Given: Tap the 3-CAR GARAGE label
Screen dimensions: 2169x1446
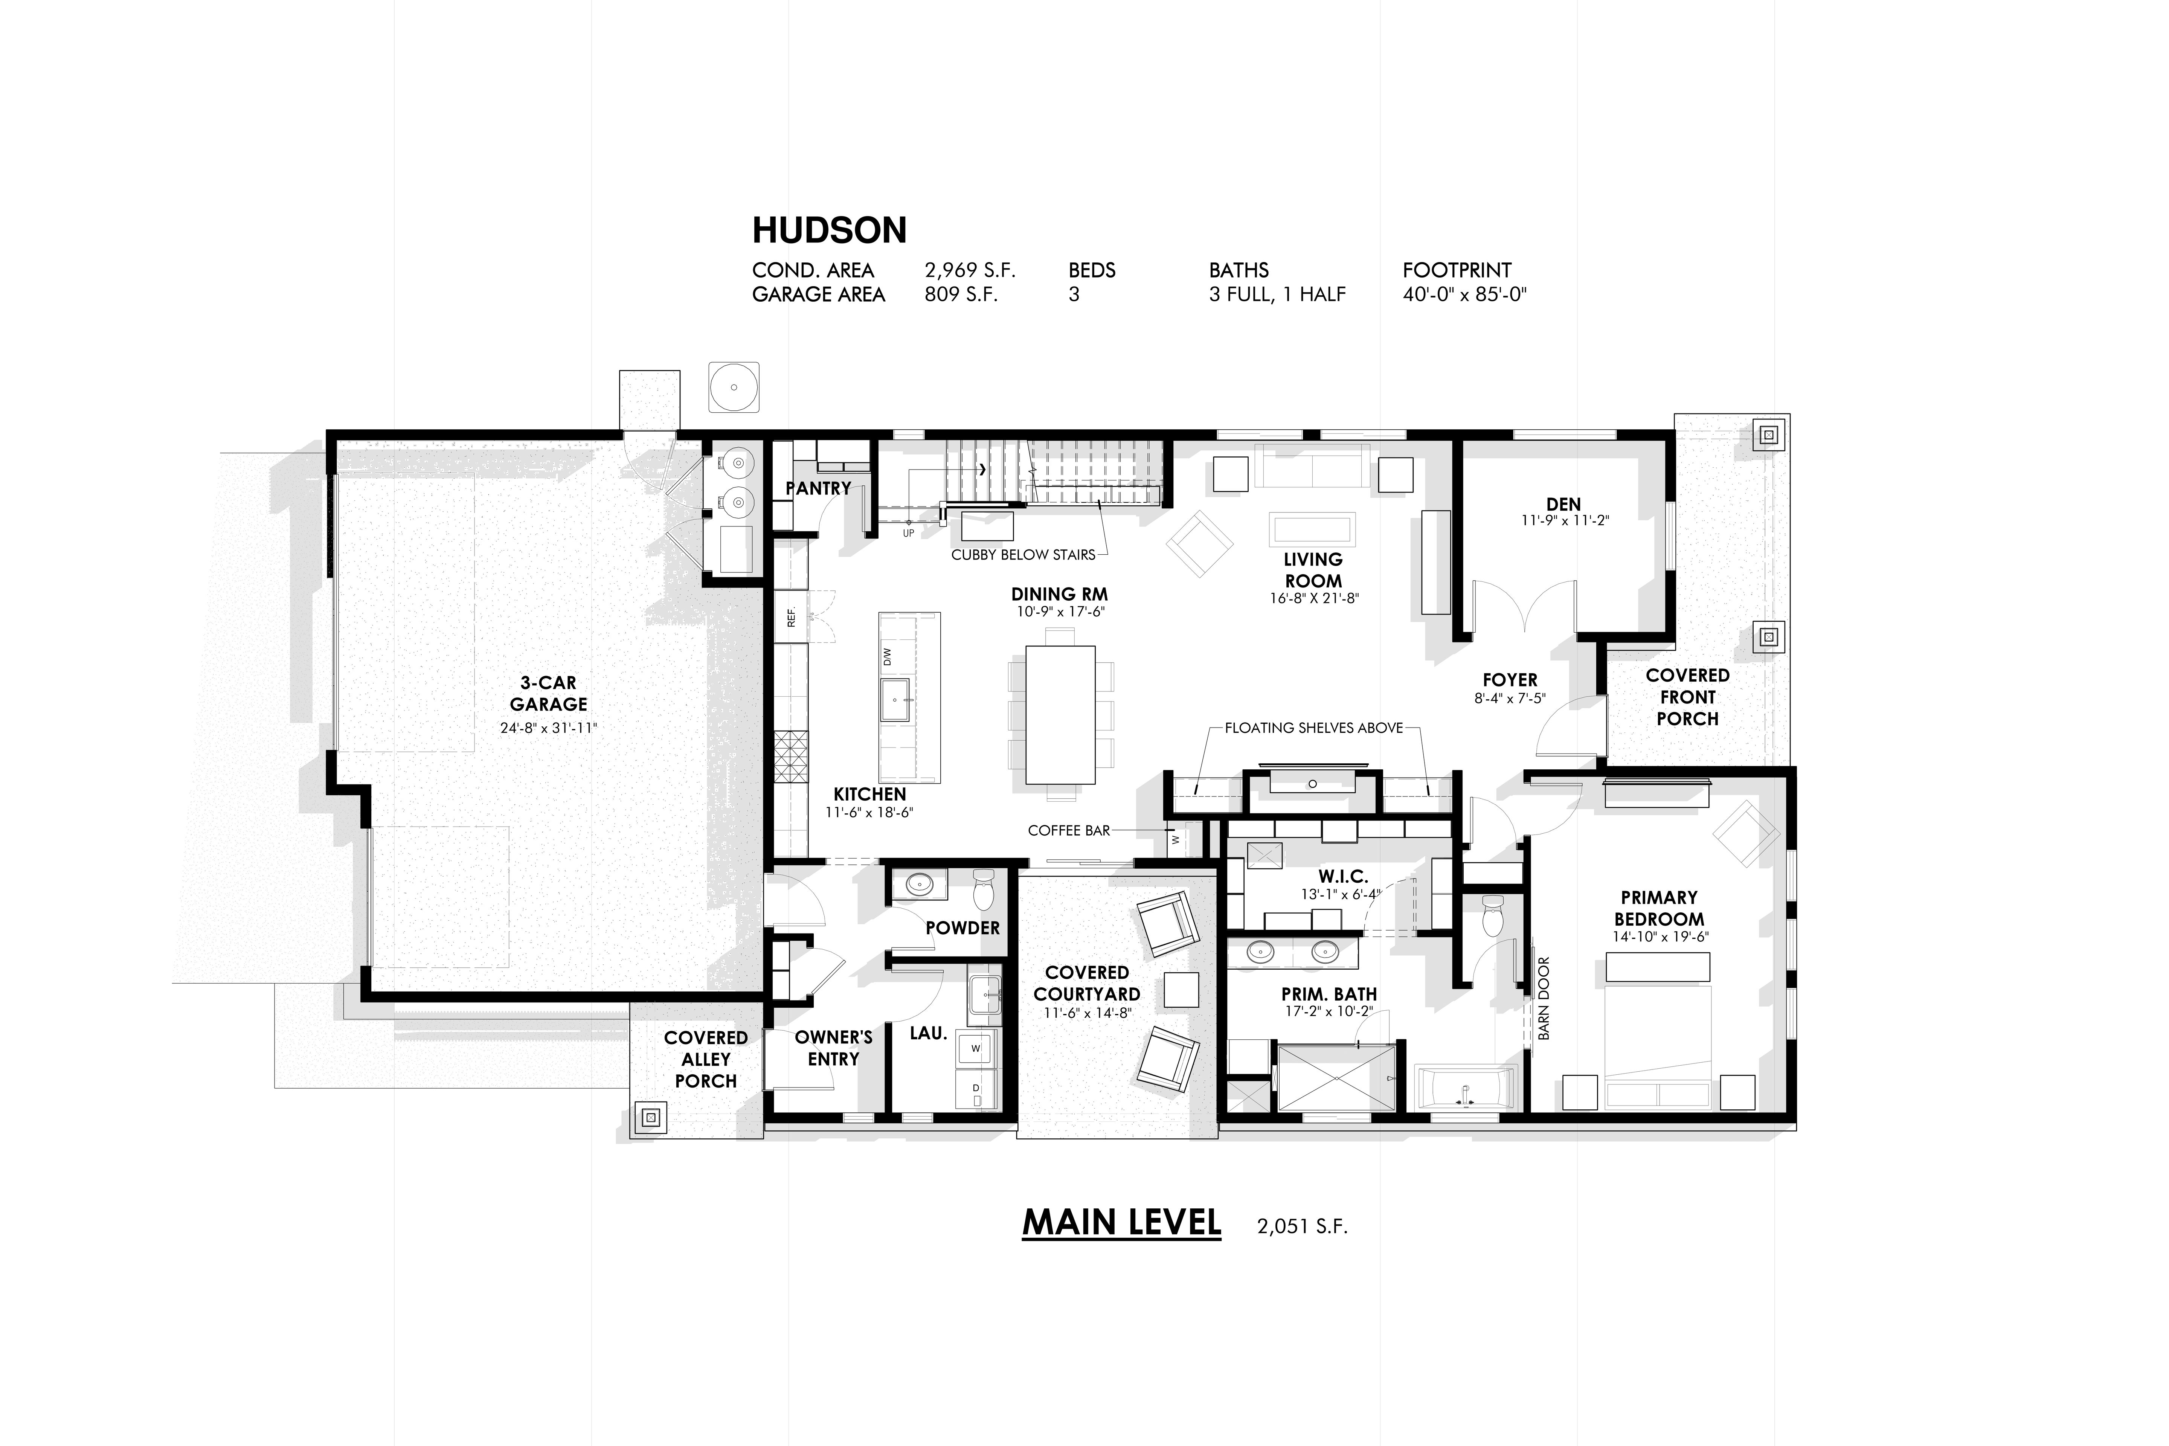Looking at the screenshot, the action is coord(549,694).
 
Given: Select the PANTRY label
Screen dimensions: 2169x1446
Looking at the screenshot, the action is coord(818,488).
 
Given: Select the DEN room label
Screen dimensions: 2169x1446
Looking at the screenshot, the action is coord(1563,505).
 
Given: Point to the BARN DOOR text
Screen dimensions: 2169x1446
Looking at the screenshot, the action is coord(1544,999).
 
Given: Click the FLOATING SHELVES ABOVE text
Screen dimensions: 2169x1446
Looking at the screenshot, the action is coord(1313,728).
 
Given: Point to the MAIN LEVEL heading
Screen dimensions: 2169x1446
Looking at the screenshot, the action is coord(1121,1223).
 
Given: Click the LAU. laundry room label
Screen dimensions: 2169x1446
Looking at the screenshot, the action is coord(929,1034).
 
